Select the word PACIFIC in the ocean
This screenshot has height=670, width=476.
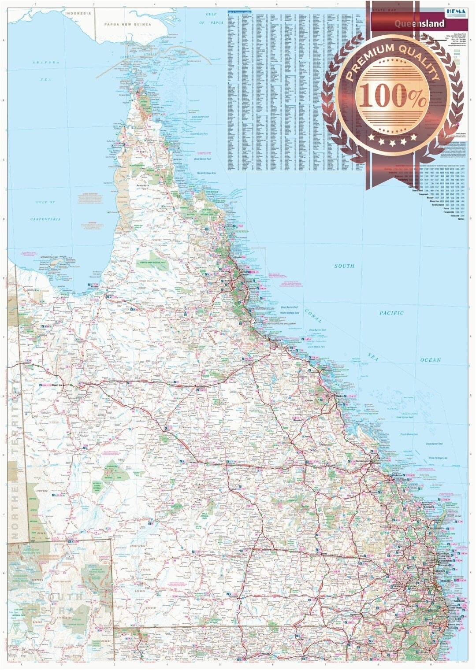click(391, 313)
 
